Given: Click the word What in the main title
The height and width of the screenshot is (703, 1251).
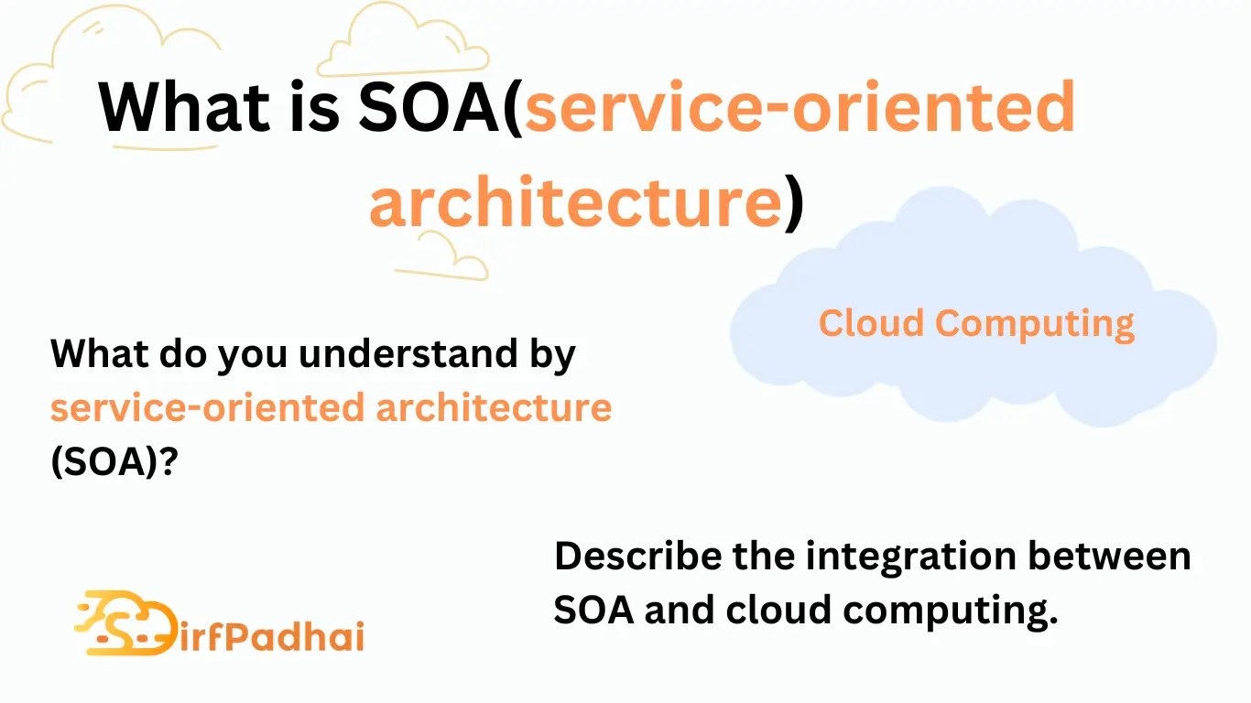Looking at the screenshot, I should pos(181,106).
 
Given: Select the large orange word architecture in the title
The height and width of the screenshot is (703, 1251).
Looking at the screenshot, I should pos(574,202).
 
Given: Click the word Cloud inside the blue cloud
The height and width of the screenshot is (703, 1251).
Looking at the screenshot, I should pos(869,323).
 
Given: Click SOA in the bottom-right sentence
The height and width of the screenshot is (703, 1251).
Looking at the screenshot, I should pos(593,610).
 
